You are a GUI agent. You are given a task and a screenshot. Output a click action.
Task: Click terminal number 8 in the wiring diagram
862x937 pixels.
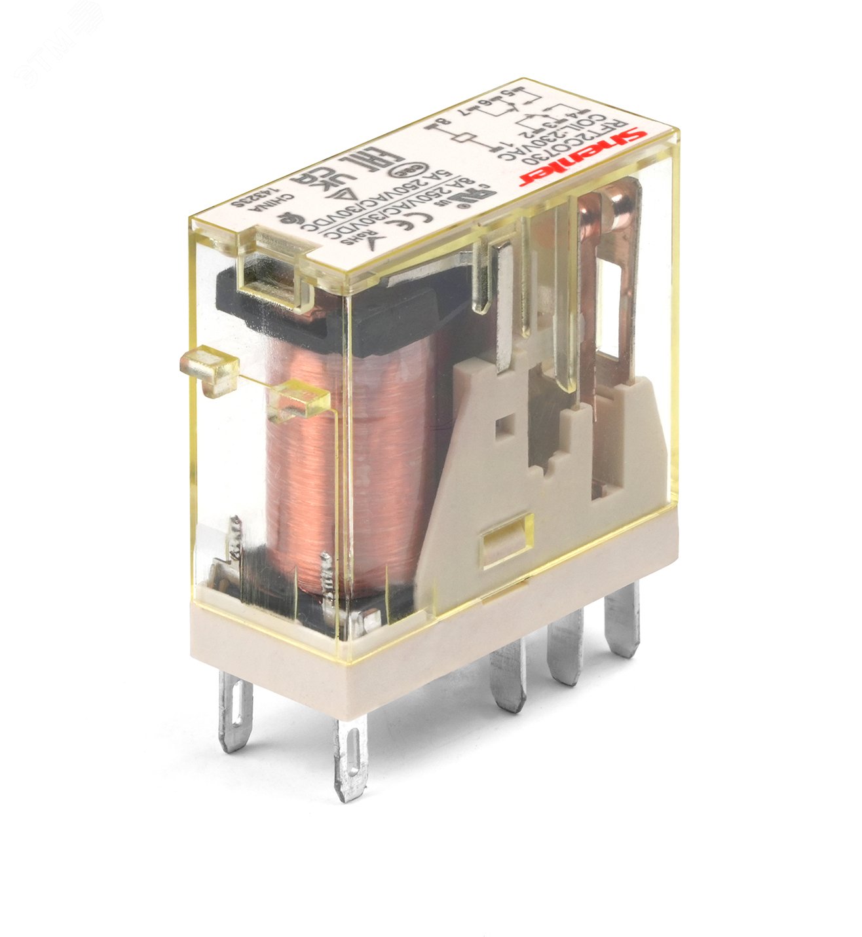428,124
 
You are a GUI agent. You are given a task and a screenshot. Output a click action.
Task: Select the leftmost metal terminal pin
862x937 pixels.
235,713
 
